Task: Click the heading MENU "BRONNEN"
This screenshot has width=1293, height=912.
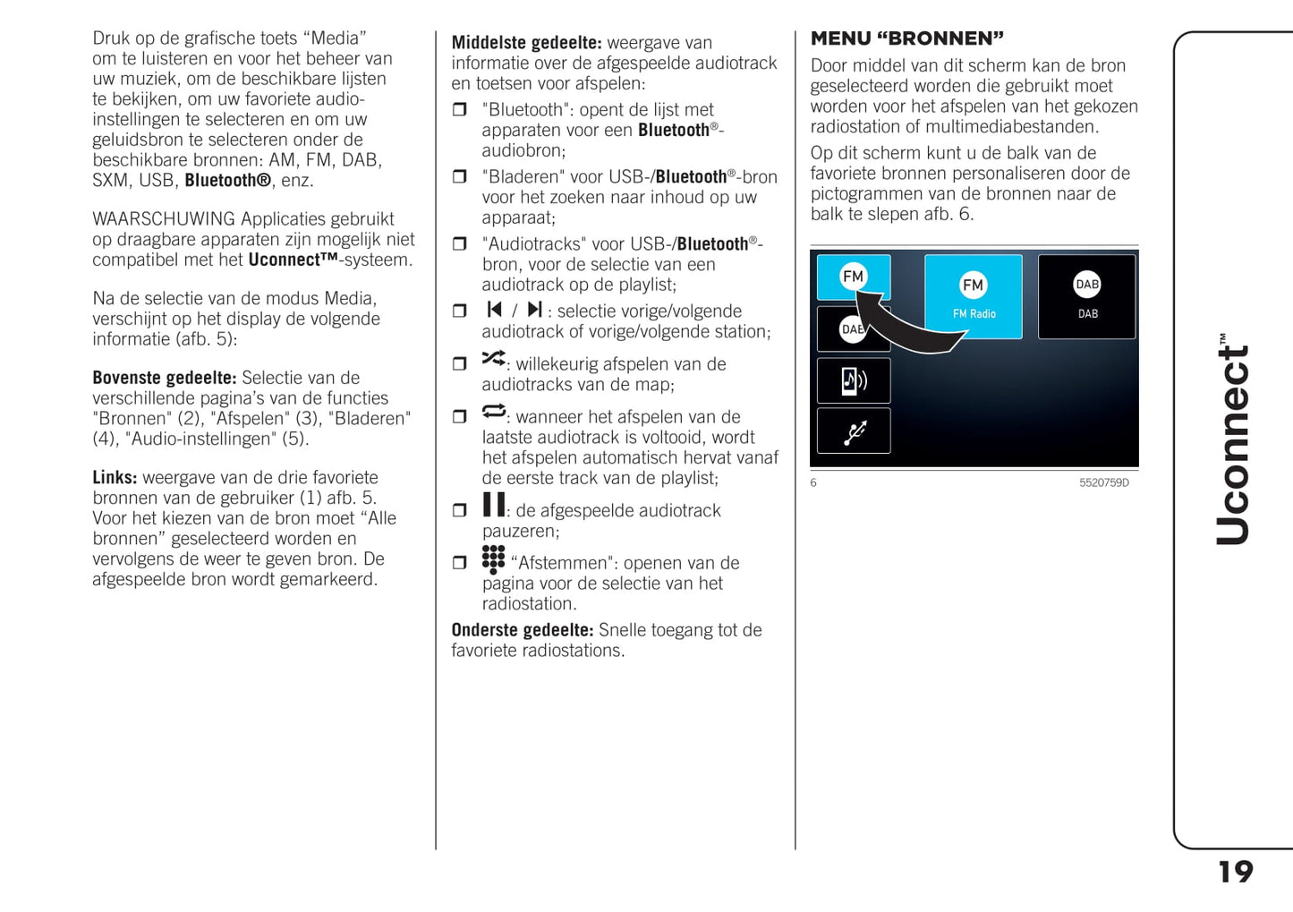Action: click(x=906, y=38)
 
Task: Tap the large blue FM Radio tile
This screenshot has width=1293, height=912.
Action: click(x=973, y=296)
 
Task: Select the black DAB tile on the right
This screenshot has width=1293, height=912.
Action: click(x=1086, y=296)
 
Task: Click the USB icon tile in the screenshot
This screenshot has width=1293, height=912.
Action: click(x=854, y=431)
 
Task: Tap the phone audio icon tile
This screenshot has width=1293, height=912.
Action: click(x=854, y=381)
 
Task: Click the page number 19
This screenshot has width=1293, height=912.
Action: click(x=1236, y=872)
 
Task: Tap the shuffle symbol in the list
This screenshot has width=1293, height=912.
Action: click(x=493, y=358)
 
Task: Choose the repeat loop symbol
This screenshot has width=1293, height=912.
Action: click(x=493, y=411)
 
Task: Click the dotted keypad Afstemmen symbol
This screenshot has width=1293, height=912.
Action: click(x=493, y=559)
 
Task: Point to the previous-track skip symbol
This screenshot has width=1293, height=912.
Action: click(x=494, y=310)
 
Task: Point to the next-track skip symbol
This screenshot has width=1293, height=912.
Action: click(x=534, y=310)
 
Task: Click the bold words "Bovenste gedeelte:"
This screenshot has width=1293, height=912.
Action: click(x=165, y=378)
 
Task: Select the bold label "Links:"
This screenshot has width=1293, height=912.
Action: click(x=115, y=477)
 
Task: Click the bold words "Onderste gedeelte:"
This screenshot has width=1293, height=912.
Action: click(x=523, y=630)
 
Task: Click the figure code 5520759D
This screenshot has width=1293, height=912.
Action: click(x=1103, y=483)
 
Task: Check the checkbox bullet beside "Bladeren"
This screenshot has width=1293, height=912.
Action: click(x=460, y=177)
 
